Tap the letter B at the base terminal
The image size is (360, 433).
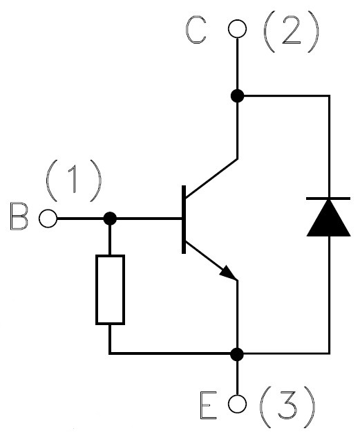[19, 217]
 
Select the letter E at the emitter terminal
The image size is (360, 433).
[208, 405]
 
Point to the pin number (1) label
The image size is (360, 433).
[74, 181]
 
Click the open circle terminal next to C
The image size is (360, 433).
[237, 28]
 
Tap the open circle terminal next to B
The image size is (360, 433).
[48, 219]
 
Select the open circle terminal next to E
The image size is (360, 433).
[237, 403]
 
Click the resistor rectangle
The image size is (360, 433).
[97, 289]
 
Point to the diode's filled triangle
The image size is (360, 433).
[328, 218]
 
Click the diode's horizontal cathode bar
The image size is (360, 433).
[328, 199]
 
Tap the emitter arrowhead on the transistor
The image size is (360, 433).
[229, 273]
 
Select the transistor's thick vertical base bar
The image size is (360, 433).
[184, 219]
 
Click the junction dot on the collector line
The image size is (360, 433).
[237, 96]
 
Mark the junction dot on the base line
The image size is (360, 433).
[110, 219]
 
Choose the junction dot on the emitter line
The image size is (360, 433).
[237, 353]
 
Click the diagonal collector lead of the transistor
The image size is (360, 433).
[211, 178]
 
